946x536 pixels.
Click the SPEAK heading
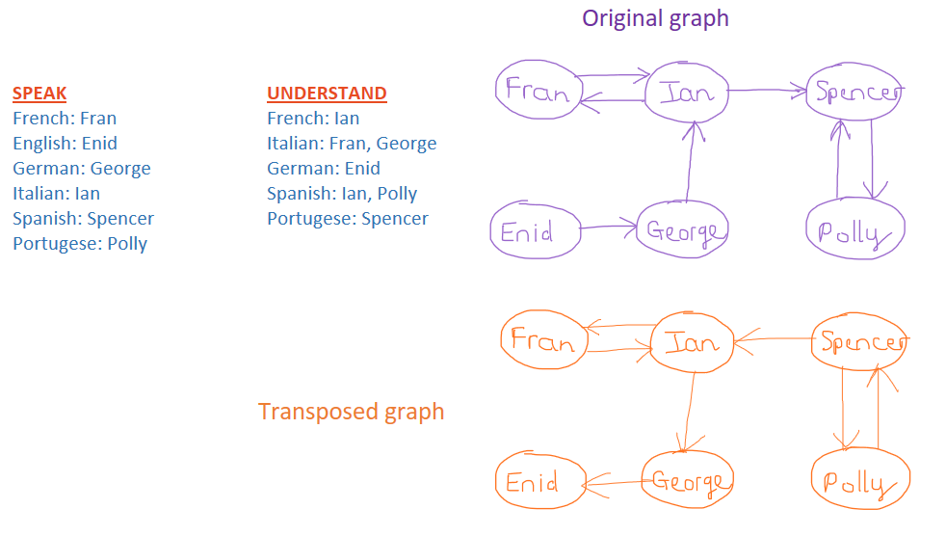pyautogui.click(x=39, y=94)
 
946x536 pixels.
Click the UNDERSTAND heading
pyautogui.click(x=327, y=94)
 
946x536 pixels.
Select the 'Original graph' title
pyautogui.click(x=655, y=18)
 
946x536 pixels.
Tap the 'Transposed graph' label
pyautogui.click(x=352, y=412)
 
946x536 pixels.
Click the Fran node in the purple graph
pyautogui.click(x=538, y=90)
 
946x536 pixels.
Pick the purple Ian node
pyautogui.click(x=686, y=93)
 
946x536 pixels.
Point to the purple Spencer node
pyautogui.click(x=855, y=93)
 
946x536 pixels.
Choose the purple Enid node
pyautogui.click(x=535, y=231)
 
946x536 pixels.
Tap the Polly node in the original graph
pyautogui.click(x=854, y=230)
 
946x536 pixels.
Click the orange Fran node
pyautogui.click(x=543, y=339)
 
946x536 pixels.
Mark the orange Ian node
pyautogui.click(x=692, y=342)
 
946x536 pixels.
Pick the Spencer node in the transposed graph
pyautogui.click(x=859, y=343)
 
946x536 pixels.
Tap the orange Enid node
pyautogui.click(x=539, y=481)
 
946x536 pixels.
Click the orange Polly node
pyautogui.click(x=860, y=482)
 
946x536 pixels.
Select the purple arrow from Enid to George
pyautogui.click(x=609, y=228)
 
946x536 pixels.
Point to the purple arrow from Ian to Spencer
pyautogui.click(x=766, y=91)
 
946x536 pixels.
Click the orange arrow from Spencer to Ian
pyautogui.click(x=775, y=339)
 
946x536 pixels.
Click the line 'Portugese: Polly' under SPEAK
pyautogui.click(x=80, y=244)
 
